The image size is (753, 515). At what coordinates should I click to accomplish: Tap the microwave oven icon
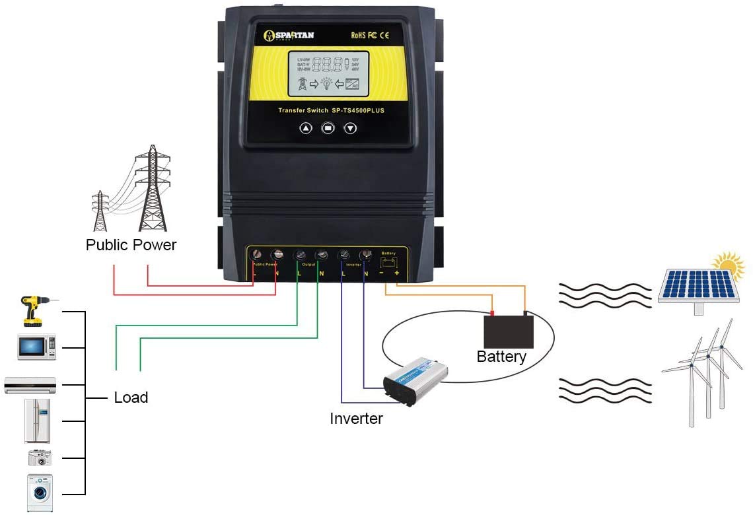(36, 347)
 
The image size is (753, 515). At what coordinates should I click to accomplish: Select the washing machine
(40, 492)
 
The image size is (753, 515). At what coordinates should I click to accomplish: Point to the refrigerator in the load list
(37, 420)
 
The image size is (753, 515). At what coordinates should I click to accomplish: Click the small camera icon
(39, 458)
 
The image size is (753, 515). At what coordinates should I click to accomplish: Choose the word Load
(131, 397)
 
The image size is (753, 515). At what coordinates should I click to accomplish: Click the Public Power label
(131, 245)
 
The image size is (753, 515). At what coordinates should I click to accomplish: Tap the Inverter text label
(356, 419)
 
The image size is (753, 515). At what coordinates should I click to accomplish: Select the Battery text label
(501, 357)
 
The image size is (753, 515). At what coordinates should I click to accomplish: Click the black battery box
(509, 331)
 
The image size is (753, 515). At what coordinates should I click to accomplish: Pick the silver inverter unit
(415, 382)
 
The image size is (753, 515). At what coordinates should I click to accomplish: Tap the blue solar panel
(698, 285)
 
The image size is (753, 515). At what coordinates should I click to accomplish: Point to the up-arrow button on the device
(306, 128)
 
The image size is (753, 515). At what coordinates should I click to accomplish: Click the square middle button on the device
(328, 128)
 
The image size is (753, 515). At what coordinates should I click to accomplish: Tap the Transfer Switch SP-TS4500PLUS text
(330, 110)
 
